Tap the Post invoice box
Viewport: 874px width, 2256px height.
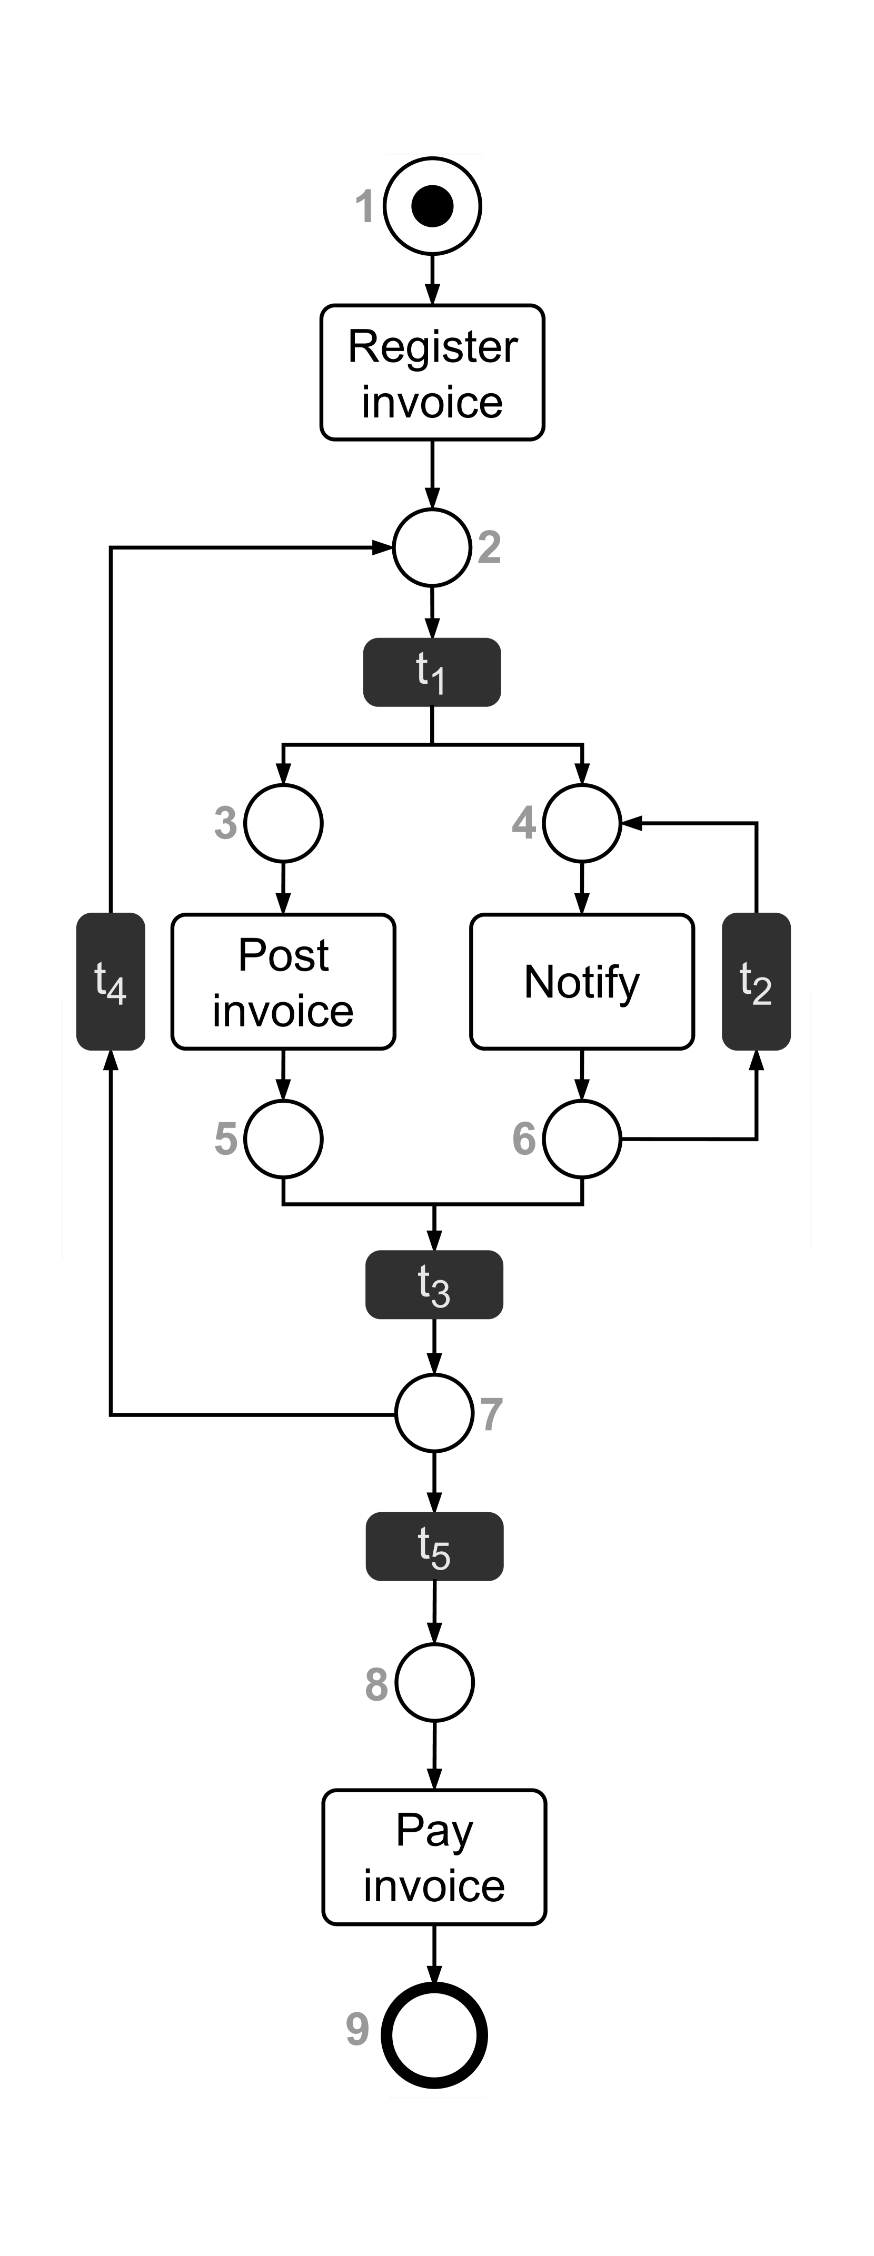click(x=283, y=982)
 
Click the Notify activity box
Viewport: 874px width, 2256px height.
click(x=582, y=982)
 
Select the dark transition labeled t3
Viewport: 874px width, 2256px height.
click(x=434, y=1285)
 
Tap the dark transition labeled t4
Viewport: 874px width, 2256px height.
click(x=111, y=982)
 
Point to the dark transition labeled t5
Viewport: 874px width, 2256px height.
click(x=434, y=1546)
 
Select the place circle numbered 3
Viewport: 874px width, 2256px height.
click(x=283, y=823)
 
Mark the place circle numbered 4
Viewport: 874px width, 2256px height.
click(x=582, y=823)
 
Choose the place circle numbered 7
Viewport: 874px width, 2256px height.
click(x=434, y=1413)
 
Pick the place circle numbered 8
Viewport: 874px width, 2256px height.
click(x=434, y=1682)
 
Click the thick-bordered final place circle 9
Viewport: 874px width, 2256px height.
click(x=434, y=2035)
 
